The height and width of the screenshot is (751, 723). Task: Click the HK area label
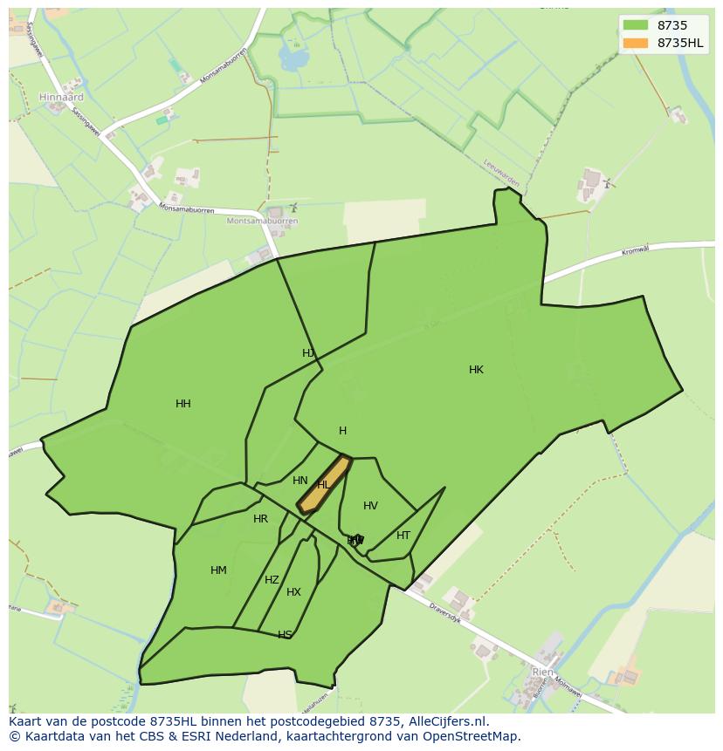tap(476, 370)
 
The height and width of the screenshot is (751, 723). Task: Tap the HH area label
tap(182, 404)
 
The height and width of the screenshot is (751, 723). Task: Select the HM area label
tap(218, 570)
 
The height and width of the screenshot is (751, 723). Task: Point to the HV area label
tap(370, 506)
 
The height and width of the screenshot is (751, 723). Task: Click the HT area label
tap(403, 536)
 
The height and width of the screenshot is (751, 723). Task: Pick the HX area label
tap(293, 592)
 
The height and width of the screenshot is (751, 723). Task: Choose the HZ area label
tap(272, 580)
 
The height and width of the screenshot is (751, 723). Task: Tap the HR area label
tap(260, 519)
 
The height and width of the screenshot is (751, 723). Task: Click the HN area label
tap(300, 481)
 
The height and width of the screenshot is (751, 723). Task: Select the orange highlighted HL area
tap(323, 485)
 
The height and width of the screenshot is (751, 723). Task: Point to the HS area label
tap(285, 634)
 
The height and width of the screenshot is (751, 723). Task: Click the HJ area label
tap(307, 353)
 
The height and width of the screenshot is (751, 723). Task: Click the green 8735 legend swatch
tap(636, 25)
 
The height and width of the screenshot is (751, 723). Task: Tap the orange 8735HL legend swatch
tap(636, 43)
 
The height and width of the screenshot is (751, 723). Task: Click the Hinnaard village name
tap(61, 98)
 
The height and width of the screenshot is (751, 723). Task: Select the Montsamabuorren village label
tap(262, 222)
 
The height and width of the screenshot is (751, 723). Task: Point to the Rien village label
tap(542, 672)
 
